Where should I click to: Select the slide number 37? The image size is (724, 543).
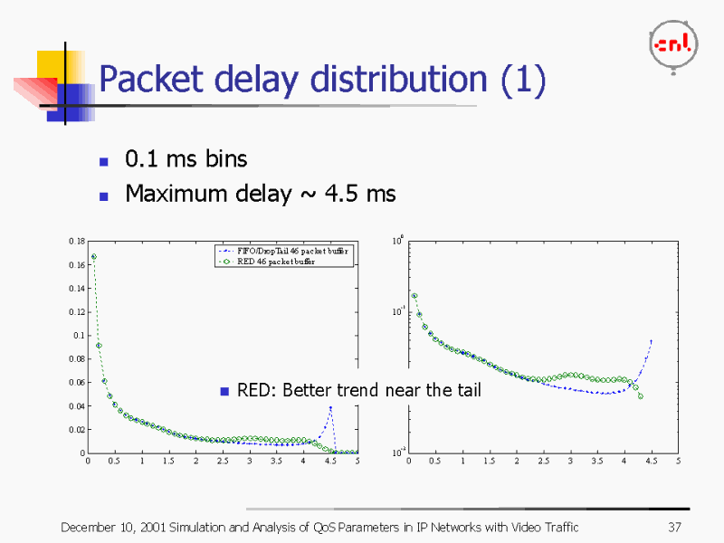(x=673, y=528)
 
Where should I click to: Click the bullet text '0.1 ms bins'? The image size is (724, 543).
(x=186, y=159)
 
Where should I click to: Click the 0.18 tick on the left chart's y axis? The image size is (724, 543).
(x=76, y=242)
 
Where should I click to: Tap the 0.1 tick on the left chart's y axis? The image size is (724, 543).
(x=78, y=336)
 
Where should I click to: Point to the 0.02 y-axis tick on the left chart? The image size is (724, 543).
(x=76, y=430)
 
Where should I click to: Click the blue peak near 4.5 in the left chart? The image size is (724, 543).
(x=330, y=408)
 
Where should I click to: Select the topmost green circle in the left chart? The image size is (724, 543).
(x=93, y=257)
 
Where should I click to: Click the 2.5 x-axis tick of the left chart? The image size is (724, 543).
(x=223, y=462)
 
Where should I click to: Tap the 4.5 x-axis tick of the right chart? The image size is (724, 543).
(x=651, y=462)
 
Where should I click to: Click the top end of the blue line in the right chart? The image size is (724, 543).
(x=651, y=341)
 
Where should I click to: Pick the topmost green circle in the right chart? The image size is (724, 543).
(x=414, y=296)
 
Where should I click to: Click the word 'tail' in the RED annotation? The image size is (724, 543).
(x=468, y=391)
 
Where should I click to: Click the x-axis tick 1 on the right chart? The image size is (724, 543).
(x=462, y=462)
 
